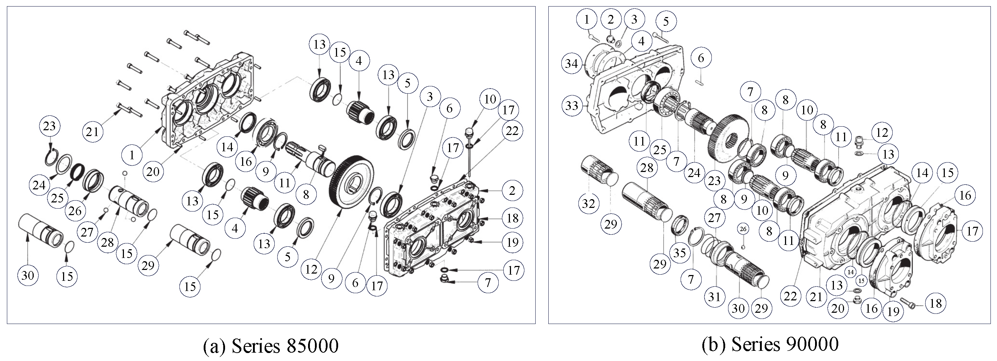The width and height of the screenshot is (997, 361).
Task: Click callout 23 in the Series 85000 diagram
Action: click(x=50, y=126)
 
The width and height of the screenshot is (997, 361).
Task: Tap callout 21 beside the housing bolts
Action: click(x=92, y=132)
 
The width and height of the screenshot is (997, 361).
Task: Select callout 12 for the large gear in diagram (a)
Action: click(x=312, y=269)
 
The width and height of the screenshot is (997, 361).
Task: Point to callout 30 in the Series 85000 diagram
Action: click(x=28, y=275)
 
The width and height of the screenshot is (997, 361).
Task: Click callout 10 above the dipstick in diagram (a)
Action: click(x=490, y=99)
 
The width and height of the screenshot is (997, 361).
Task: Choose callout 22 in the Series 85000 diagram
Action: click(x=512, y=131)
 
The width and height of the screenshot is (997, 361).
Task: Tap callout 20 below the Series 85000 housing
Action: click(x=153, y=171)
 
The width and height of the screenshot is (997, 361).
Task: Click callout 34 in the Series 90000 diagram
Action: click(x=572, y=63)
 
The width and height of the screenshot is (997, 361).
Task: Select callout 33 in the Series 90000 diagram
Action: click(x=572, y=105)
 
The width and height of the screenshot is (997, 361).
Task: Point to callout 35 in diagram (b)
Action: click(x=679, y=253)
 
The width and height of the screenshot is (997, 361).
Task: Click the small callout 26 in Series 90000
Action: click(x=743, y=229)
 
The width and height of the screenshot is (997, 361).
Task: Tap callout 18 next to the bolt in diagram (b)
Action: click(x=935, y=303)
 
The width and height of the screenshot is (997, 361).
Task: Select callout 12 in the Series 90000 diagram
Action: click(x=882, y=133)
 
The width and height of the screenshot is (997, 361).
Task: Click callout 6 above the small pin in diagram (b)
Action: click(x=701, y=58)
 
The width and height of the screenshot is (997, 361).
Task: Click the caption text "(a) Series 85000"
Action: click(x=271, y=345)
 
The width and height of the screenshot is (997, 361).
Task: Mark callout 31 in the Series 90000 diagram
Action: click(x=714, y=297)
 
